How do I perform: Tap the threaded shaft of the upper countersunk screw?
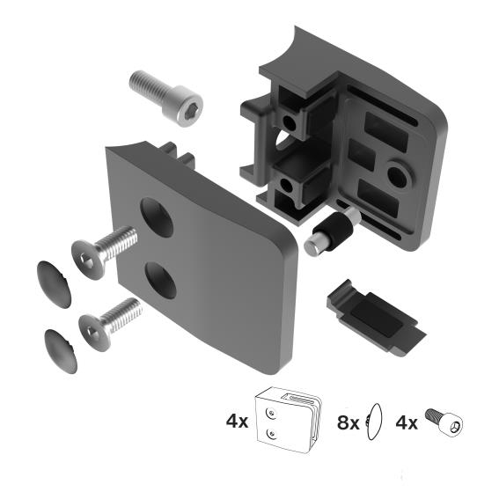pos(121,241)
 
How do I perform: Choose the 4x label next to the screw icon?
pos(407,421)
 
